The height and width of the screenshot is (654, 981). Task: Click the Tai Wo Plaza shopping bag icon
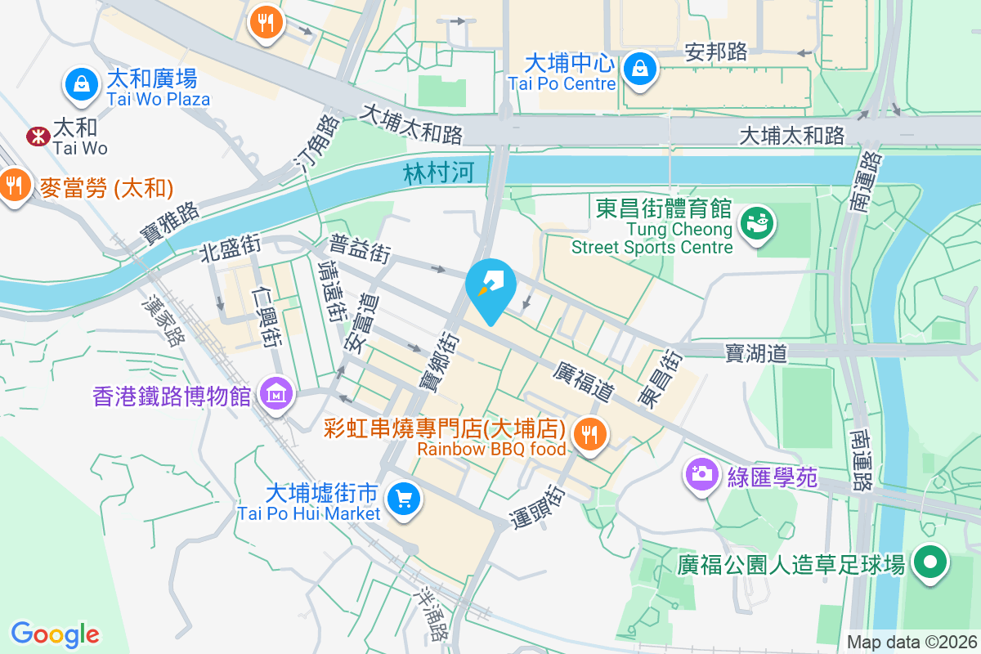tap(82, 84)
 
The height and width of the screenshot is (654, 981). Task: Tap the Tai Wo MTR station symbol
tap(38, 137)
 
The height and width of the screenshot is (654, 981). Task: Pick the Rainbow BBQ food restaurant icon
tap(589, 433)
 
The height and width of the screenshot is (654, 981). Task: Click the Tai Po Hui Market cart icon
tap(402, 498)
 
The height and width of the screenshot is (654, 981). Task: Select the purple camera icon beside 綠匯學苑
tap(701, 473)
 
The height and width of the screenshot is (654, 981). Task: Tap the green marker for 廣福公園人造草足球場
tap(929, 564)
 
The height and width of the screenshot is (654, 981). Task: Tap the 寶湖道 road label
tap(755, 353)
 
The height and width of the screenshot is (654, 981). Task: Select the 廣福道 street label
tap(584, 381)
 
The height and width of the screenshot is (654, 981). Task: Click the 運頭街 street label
tap(540, 506)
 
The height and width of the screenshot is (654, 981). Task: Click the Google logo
tap(55, 634)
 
